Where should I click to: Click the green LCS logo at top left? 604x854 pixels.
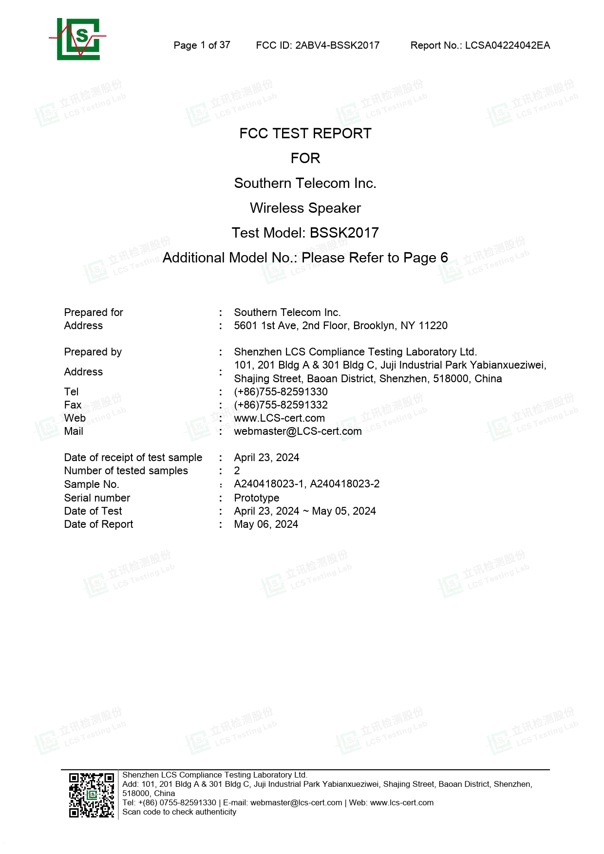78,39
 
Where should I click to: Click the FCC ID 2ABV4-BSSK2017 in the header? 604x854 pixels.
318,45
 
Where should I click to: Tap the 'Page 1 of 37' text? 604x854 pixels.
202,45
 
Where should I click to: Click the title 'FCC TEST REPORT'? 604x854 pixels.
305,133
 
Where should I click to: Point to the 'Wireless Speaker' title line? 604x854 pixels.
305,208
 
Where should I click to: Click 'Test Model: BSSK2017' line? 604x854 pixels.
305,233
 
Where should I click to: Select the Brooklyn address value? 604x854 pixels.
340,325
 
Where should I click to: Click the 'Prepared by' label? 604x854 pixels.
93,352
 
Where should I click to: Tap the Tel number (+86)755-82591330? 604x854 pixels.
281,391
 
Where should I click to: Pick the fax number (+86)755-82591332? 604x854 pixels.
281,405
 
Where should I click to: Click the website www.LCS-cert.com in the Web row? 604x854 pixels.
279,418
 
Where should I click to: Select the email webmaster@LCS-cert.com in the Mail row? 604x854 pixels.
298,431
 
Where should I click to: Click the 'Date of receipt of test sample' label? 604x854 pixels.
133,457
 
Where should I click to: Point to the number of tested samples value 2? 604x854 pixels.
237,470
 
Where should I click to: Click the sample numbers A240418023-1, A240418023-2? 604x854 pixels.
306,483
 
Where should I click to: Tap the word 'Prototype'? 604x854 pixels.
257,498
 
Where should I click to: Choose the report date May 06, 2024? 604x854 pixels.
266,524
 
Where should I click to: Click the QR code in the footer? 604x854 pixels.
92,795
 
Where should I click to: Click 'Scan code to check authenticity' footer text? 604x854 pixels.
179,812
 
